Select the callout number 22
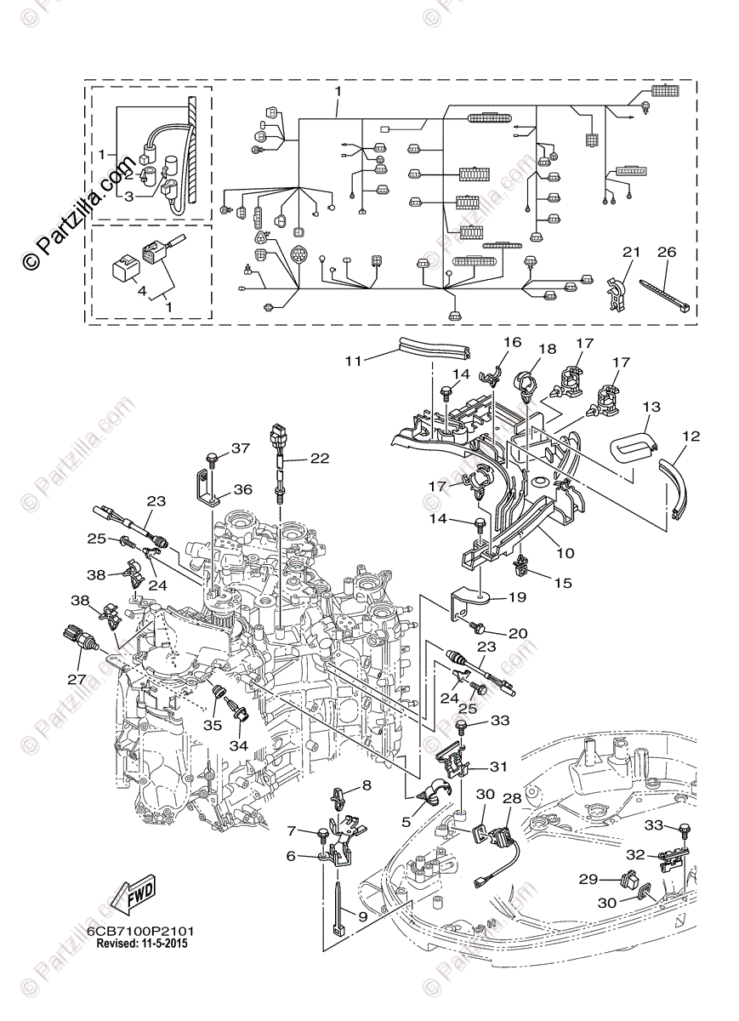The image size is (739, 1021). pos(319,458)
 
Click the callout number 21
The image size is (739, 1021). pos(630,253)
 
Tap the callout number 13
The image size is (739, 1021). pos(651,407)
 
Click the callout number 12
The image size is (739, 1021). pos(691,436)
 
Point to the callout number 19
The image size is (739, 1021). pos(517,597)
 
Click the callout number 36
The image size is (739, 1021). pos(242,489)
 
